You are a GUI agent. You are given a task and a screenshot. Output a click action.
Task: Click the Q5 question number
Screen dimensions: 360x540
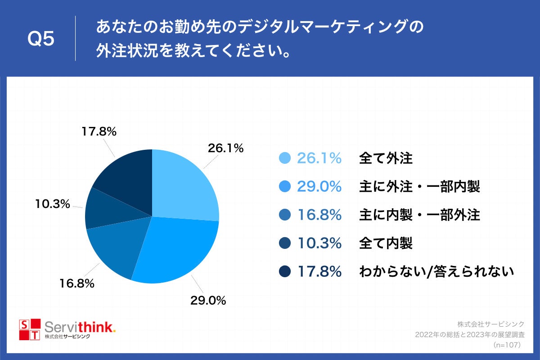point(41,39)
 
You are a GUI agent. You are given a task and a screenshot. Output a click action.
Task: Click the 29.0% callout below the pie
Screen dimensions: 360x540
point(207,300)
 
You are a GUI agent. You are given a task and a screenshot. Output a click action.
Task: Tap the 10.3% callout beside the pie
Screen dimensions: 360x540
point(53,204)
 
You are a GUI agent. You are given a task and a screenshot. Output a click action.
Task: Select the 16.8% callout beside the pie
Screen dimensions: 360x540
point(76,283)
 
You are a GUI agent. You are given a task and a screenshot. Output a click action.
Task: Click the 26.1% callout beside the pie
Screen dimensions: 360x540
point(225,148)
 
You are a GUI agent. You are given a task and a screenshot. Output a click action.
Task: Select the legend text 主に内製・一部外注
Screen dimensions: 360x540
point(419,215)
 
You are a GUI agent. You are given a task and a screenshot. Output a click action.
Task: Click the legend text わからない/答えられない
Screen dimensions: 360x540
point(436,272)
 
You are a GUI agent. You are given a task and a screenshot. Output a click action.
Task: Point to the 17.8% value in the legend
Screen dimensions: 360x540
point(319,272)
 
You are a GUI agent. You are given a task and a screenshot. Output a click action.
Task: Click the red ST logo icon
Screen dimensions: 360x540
point(29,329)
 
